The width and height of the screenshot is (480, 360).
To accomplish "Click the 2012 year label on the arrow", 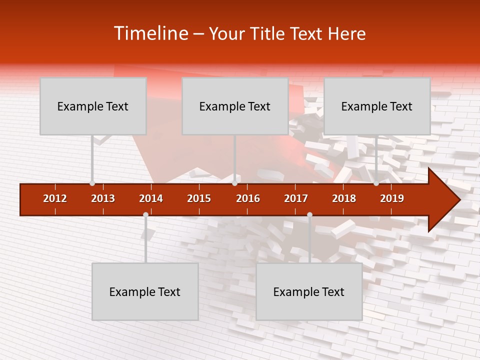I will pyautogui.click(x=55, y=198).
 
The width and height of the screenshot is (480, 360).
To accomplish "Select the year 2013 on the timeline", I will pyautogui.click(x=103, y=198).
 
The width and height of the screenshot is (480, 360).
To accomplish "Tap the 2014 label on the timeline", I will pyautogui.click(x=151, y=198).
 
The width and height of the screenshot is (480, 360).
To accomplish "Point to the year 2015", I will pyautogui.click(x=199, y=198).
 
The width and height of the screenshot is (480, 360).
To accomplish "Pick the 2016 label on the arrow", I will pyautogui.click(x=248, y=198).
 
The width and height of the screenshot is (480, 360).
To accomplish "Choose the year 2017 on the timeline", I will pyautogui.click(x=296, y=198).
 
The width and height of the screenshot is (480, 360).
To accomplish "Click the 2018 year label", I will pyautogui.click(x=344, y=198).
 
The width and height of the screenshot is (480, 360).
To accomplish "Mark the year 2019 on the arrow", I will pyautogui.click(x=392, y=198).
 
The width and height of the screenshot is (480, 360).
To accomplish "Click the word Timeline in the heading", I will pyautogui.click(x=150, y=33).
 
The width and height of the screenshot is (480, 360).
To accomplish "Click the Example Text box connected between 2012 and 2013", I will pyautogui.click(x=93, y=106).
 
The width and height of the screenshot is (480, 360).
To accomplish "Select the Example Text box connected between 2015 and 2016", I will pyautogui.click(x=235, y=106).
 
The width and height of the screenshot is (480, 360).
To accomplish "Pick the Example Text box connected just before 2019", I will pyautogui.click(x=377, y=106).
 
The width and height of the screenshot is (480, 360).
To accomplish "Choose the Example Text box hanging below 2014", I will pyautogui.click(x=145, y=291).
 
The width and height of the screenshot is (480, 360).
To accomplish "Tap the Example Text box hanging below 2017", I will pyautogui.click(x=309, y=291).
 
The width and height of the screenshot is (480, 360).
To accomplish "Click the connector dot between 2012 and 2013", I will pyautogui.click(x=92, y=183).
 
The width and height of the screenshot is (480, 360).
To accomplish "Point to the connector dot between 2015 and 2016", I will pyautogui.click(x=234, y=183).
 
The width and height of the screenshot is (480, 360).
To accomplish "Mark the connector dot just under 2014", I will pyautogui.click(x=145, y=214).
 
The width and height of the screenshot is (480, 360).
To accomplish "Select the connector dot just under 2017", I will pyautogui.click(x=309, y=214).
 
